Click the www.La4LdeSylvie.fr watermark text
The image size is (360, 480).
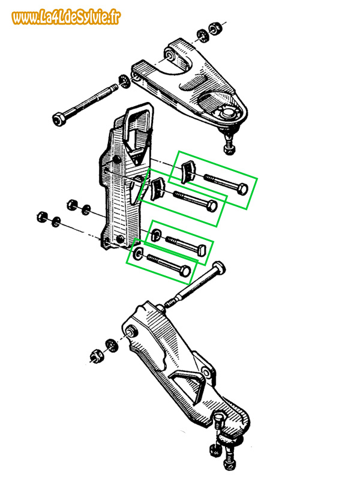pos(65,18)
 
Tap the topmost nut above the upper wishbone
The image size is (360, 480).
pos(214,28)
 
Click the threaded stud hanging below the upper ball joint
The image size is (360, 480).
pos(228,144)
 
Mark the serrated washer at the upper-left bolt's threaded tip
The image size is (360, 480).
pos(124,82)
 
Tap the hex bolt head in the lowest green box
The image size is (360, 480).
pos(185,271)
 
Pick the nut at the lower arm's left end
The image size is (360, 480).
pos(96,355)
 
